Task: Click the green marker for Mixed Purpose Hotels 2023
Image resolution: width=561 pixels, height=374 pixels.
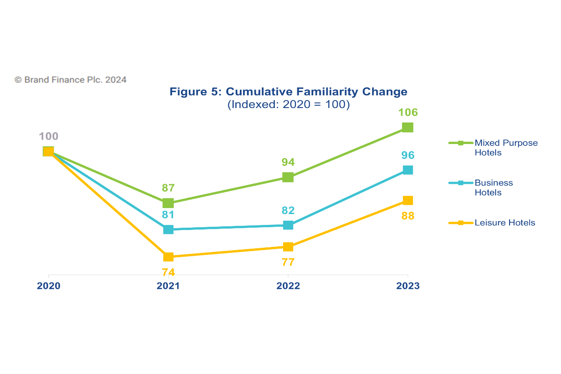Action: pos(408,128)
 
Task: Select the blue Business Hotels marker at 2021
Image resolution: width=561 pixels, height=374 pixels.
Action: pos(168,230)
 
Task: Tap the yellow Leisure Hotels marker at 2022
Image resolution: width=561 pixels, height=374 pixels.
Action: pos(288,247)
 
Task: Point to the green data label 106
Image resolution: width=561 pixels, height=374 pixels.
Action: pos(408,113)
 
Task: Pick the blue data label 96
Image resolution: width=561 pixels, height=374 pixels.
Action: pos(407,156)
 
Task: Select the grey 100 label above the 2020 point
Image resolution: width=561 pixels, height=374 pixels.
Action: pos(49,137)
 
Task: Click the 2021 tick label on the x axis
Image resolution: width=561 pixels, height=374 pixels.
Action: pos(168,286)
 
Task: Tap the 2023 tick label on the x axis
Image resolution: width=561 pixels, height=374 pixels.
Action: pos(408,286)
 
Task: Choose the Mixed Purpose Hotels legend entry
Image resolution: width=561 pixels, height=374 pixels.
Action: pos(506,148)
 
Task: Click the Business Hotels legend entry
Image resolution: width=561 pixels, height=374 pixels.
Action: pos(494,187)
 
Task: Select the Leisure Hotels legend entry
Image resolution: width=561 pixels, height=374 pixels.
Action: pos(504,223)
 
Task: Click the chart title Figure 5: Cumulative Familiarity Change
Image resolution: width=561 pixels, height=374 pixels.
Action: pos(288,92)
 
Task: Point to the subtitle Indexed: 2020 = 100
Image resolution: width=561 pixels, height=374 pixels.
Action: pos(288,105)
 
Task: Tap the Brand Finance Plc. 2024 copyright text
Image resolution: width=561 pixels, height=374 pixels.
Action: pos(71,80)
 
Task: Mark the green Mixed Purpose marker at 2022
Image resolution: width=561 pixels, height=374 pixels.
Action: pos(288,177)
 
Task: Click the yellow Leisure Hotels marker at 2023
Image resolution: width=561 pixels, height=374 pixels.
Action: pos(408,201)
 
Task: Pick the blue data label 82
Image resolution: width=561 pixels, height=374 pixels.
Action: pos(288,210)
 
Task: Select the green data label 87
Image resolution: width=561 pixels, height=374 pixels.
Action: pos(168,188)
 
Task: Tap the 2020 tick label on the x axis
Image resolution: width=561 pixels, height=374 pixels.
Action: pos(49,286)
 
